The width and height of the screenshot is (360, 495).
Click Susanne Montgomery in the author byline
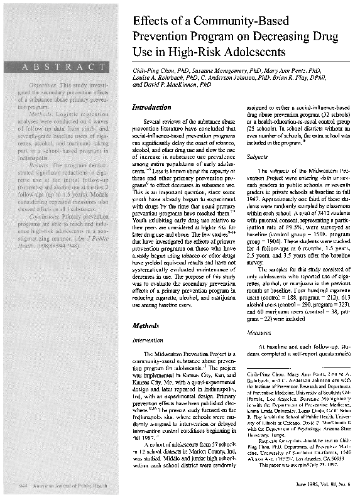[211, 73]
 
